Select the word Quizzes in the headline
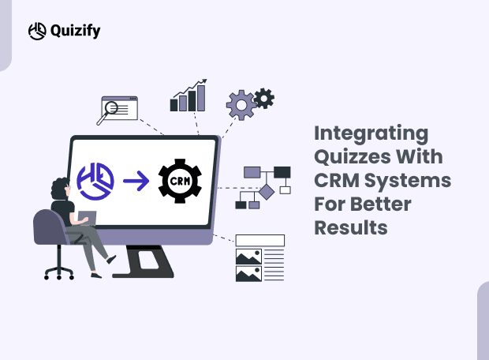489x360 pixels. pyautogui.click(x=354, y=156)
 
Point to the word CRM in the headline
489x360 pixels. pyautogui.click(x=337, y=180)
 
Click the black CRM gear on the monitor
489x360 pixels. pyautogui.click(x=180, y=181)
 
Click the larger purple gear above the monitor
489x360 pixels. pyautogui.click(x=239, y=105)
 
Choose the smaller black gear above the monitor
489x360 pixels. pyautogui.click(x=264, y=98)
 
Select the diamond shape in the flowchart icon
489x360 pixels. pyautogui.click(x=267, y=190)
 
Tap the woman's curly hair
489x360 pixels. pyautogui.click(x=62, y=188)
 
